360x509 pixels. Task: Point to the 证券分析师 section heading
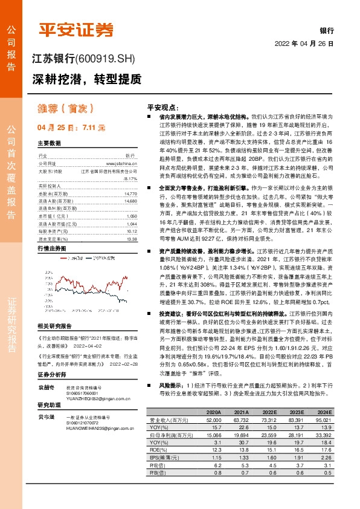click(x=51, y=375)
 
